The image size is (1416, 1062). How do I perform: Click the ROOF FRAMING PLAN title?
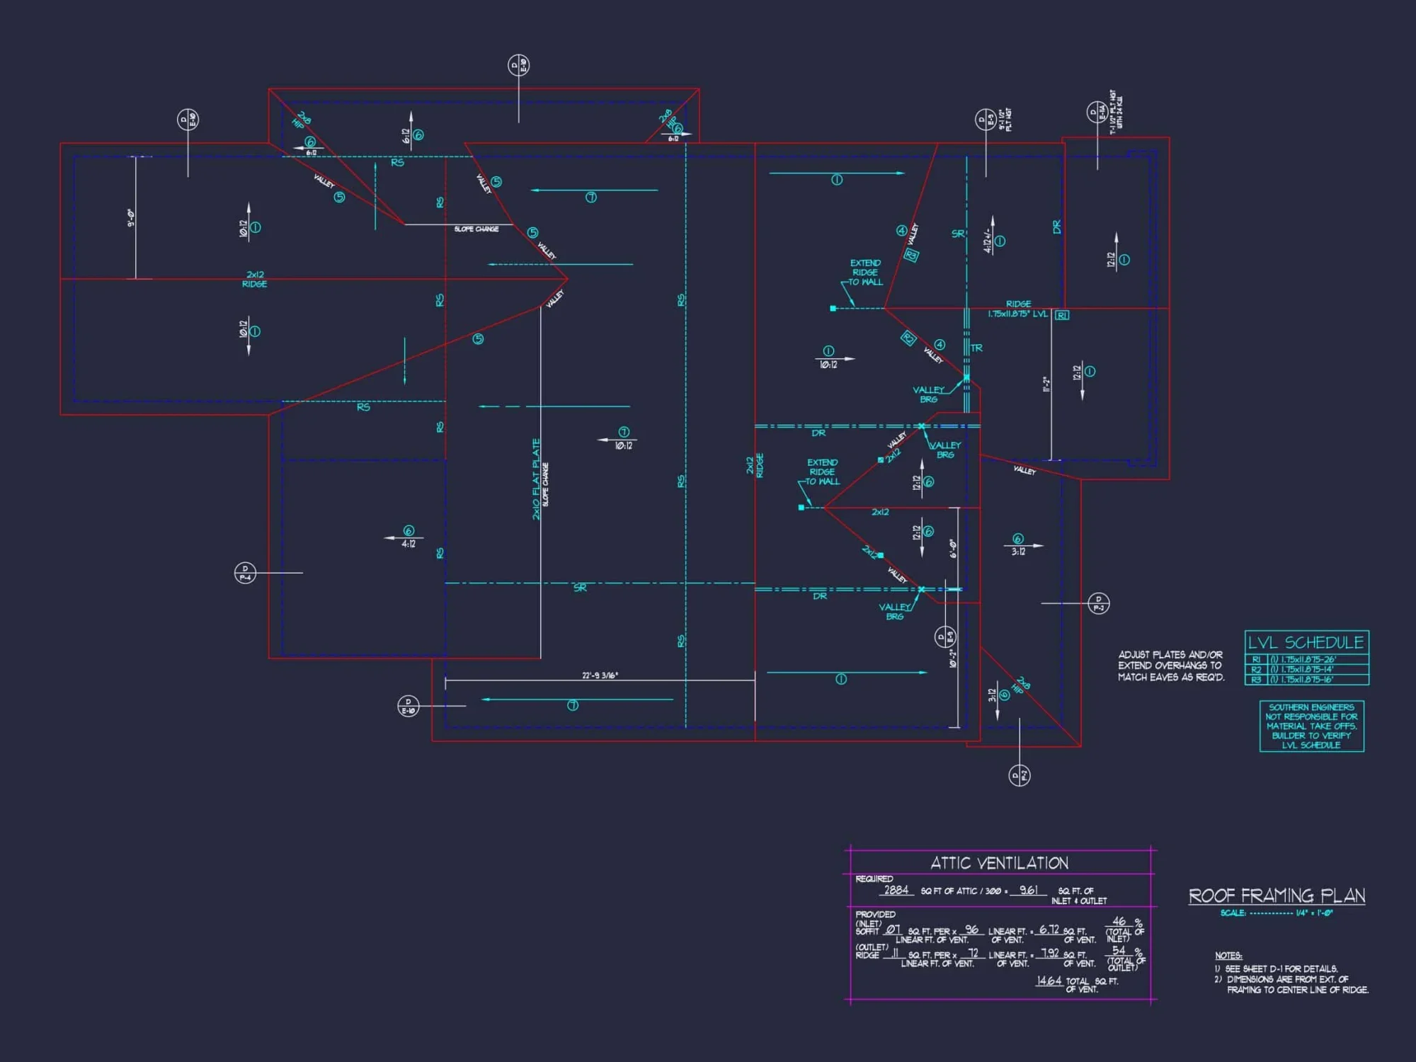(x=1277, y=896)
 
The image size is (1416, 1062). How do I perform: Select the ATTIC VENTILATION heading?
(x=999, y=863)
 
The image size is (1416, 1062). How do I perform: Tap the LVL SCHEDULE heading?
(x=1306, y=642)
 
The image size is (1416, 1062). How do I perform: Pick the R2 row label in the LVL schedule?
(x=1256, y=669)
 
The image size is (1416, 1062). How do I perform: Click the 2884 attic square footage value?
(x=896, y=890)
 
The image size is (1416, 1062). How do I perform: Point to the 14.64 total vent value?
(x=1049, y=981)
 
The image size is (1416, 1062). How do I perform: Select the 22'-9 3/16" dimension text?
(x=600, y=675)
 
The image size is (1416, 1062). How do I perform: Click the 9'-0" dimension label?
(x=131, y=217)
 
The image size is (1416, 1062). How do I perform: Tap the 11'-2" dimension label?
(x=1046, y=384)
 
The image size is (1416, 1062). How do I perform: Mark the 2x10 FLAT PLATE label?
(x=536, y=479)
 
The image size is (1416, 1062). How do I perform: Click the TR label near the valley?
(x=976, y=348)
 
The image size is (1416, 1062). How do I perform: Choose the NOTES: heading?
(x=1228, y=956)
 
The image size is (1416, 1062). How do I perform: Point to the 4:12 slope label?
(x=409, y=544)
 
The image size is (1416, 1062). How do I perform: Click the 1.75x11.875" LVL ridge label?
(x=1017, y=314)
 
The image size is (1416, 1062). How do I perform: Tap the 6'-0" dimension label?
(x=953, y=549)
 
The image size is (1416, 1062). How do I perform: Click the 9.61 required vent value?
(x=1028, y=890)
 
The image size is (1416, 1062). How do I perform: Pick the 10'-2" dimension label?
(x=953, y=658)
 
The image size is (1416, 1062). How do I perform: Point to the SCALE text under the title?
(x=1233, y=913)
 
